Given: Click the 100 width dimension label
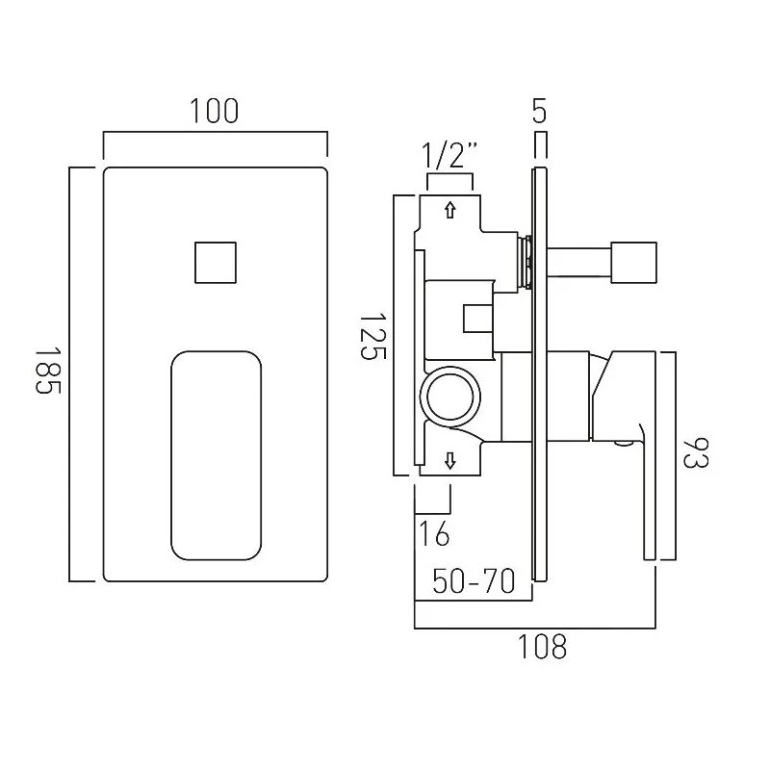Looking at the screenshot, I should [x=215, y=111].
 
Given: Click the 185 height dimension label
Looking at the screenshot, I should [x=50, y=373].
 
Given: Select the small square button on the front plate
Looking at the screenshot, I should [x=216, y=262].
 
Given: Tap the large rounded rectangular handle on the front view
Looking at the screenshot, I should [x=216, y=454].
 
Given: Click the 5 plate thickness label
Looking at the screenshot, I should [x=539, y=111].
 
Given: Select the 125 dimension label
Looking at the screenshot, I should [x=373, y=335].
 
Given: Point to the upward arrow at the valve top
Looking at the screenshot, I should [x=449, y=210].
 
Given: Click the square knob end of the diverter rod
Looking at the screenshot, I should [x=636, y=262].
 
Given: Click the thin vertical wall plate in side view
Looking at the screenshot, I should [x=539, y=375].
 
